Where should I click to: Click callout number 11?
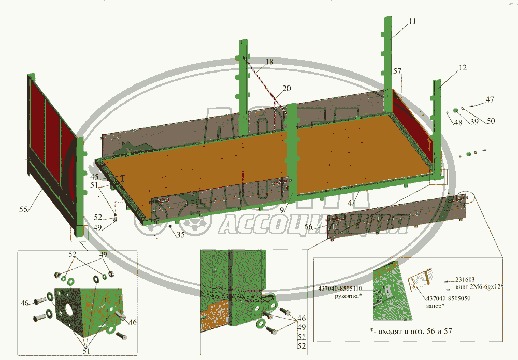(x=412, y=22)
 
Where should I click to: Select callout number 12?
(x=463, y=68)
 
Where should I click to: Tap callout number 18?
(x=270, y=62)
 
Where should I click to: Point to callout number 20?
(x=286, y=88)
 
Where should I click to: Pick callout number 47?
(x=490, y=100)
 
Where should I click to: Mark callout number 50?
(x=490, y=121)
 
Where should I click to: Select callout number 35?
(x=180, y=234)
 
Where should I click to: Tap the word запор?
(x=435, y=306)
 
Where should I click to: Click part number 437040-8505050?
(x=449, y=298)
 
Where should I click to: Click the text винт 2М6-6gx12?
(x=479, y=286)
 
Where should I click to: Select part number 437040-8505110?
(x=348, y=289)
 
